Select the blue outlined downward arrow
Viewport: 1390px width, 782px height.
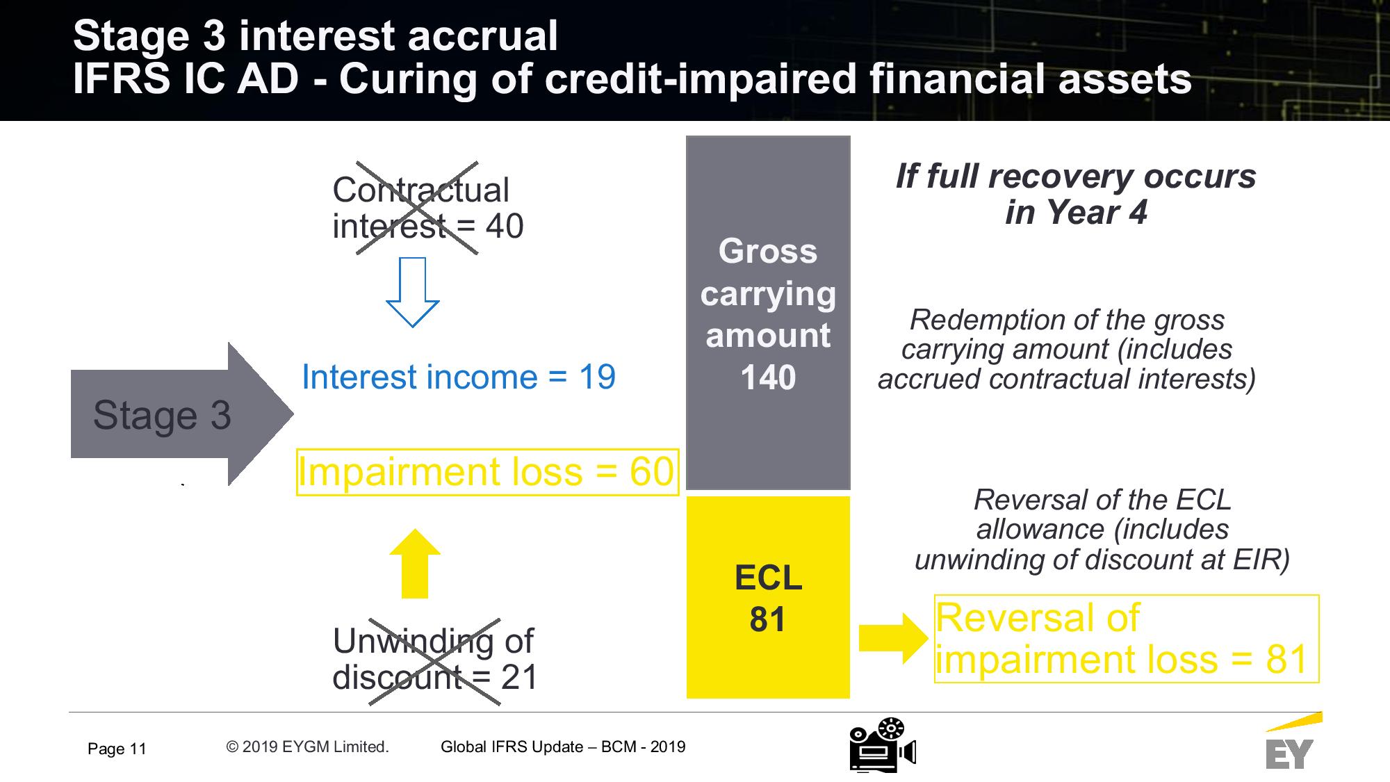click(x=413, y=292)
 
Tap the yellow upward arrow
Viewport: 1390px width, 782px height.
click(x=415, y=563)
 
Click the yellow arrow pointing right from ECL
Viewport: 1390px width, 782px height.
click(x=894, y=638)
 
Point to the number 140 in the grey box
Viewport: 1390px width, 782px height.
click(x=768, y=378)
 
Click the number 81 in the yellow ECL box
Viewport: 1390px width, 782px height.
click(x=768, y=619)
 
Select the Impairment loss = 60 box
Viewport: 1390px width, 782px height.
click(x=487, y=472)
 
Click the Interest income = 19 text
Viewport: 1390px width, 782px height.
click(x=459, y=377)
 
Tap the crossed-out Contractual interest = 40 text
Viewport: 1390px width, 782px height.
click(x=427, y=208)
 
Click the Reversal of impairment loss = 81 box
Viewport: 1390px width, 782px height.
click(x=1127, y=639)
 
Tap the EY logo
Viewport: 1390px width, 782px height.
click(x=1291, y=741)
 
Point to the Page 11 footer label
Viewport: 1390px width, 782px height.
click(x=117, y=749)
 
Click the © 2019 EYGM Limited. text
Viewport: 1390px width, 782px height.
click(x=307, y=747)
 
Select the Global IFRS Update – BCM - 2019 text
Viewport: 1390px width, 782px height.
click(x=563, y=747)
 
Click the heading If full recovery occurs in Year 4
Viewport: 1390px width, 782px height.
click(x=1076, y=194)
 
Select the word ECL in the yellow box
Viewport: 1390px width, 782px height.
click(x=768, y=578)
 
